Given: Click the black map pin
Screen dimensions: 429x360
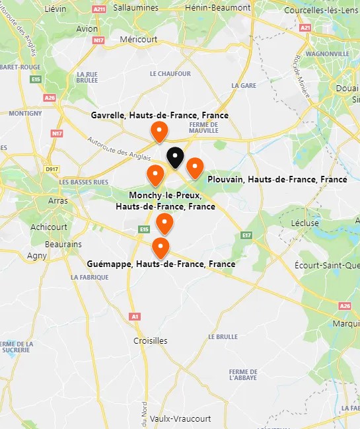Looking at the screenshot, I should (x=174, y=158).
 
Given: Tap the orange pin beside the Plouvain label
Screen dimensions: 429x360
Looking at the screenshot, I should (x=194, y=168).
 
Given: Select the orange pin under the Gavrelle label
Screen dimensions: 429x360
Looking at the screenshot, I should (x=159, y=132).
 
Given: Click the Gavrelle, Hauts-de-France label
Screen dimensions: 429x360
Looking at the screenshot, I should (x=159, y=116).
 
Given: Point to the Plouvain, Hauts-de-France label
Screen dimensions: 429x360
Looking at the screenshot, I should (x=277, y=179).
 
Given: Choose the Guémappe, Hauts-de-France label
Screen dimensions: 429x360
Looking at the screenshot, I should (x=161, y=264).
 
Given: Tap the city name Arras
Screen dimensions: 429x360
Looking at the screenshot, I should (x=58, y=201).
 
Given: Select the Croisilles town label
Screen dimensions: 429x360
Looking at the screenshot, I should (x=151, y=341).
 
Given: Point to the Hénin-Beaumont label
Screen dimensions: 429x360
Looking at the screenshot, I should (x=218, y=7).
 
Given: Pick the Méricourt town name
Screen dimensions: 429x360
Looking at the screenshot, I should (x=139, y=40).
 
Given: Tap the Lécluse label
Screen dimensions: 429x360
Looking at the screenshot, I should (x=305, y=223).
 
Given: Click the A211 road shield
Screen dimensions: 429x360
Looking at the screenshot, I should (x=100, y=9).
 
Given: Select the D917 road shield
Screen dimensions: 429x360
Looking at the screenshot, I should (x=52, y=169).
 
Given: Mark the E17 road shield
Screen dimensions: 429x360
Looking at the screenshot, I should (x=247, y=235).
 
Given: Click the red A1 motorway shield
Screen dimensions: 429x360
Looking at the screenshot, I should (x=135, y=317).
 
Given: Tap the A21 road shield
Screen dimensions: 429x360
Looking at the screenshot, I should (x=305, y=28).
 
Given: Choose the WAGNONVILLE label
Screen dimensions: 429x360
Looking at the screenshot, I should (x=326, y=54).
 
